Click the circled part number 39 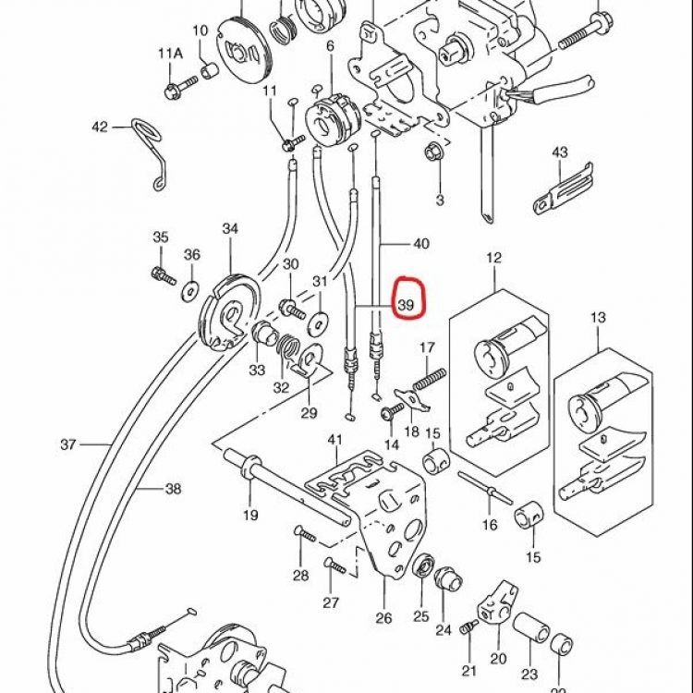(x=406, y=305)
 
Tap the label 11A (x=171, y=54)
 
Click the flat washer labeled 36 (x=191, y=292)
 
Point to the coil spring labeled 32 (x=288, y=346)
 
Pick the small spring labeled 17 (x=429, y=379)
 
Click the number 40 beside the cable (x=420, y=244)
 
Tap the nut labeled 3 (x=432, y=152)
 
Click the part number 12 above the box (x=494, y=258)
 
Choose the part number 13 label (x=598, y=317)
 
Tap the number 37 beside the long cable (x=68, y=444)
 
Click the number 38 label (x=174, y=489)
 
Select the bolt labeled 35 (x=163, y=275)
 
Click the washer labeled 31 (x=319, y=322)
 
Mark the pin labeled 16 (x=485, y=488)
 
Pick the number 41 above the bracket (x=335, y=440)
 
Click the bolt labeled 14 (x=392, y=411)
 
